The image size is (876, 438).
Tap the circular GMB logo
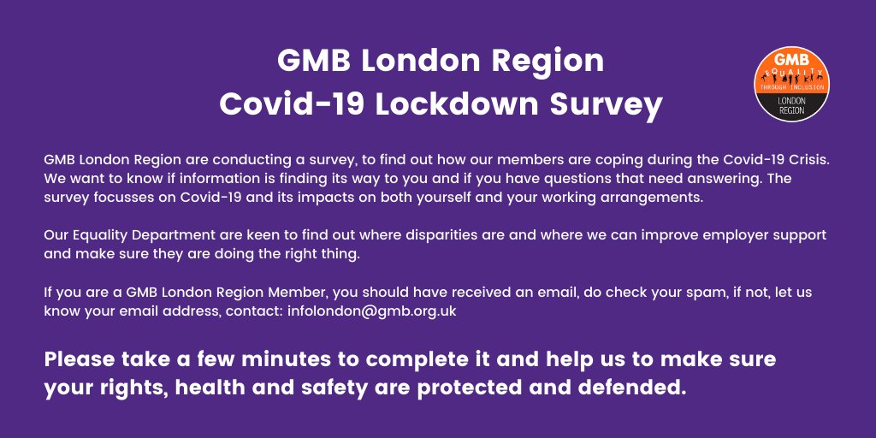(x=790, y=84)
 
